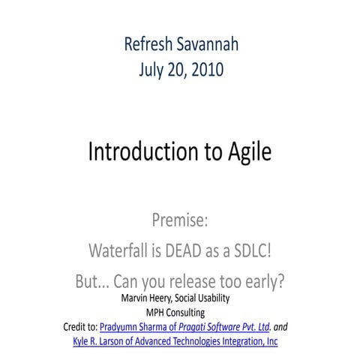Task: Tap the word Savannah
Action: [x=211, y=43]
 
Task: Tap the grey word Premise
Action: [x=179, y=221]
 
